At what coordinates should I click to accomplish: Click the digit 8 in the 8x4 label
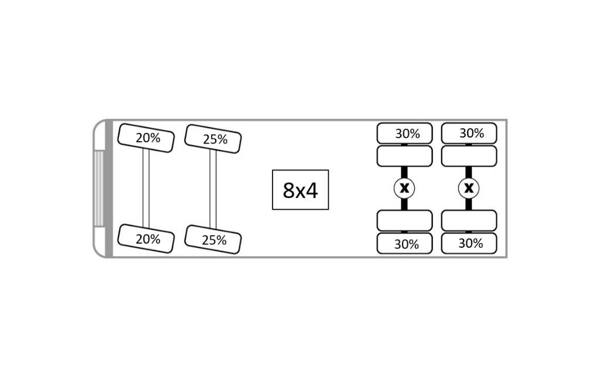pos(288,190)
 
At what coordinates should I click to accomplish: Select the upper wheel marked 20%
pos(146,138)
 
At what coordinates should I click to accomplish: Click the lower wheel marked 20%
pos(146,238)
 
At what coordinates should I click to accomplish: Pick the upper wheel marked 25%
pos(213,139)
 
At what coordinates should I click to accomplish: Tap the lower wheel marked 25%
pos(213,240)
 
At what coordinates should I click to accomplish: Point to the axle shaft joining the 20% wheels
pos(146,188)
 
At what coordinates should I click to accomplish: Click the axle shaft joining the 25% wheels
pos(213,189)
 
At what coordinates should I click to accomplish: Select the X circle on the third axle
pos(404,188)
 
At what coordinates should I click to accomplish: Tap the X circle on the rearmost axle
pos(469,188)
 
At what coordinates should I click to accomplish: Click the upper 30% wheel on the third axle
pos(404,133)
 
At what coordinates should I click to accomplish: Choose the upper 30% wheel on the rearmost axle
pos(469,133)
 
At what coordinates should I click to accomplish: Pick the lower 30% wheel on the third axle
pos(404,243)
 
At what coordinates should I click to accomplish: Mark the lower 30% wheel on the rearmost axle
pos(469,243)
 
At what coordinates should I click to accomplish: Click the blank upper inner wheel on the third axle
pos(404,156)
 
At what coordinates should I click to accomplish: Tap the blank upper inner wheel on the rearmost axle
pos(469,156)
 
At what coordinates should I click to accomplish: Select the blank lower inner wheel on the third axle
pos(404,221)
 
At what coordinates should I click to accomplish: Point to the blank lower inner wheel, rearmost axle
pos(469,221)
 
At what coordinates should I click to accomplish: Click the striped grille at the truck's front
pos(98,188)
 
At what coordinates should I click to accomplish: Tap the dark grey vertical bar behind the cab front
pos(109,188)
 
